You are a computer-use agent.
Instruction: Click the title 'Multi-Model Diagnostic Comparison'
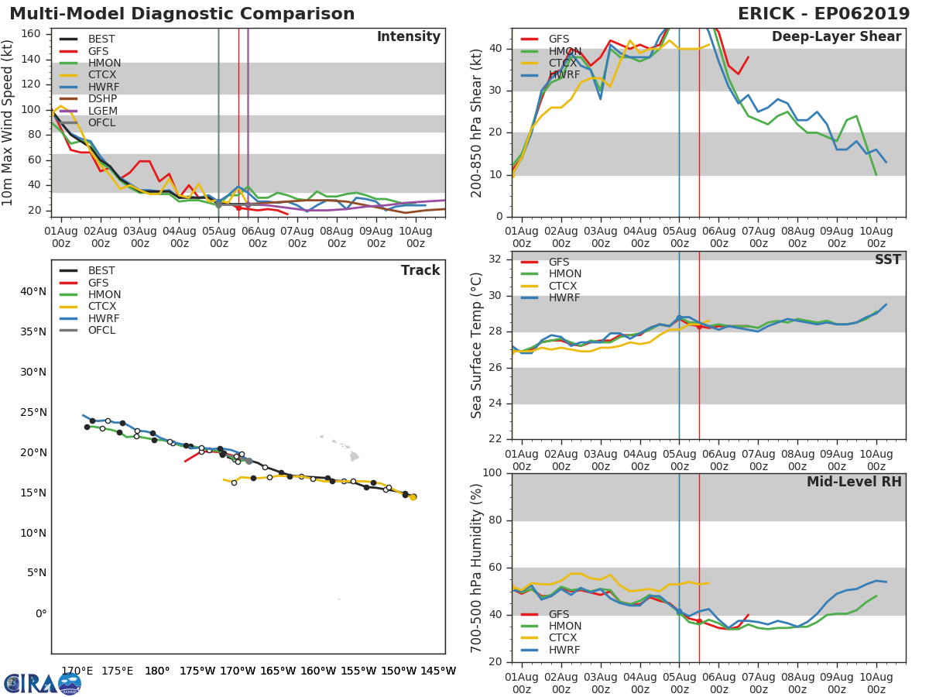point(182,14)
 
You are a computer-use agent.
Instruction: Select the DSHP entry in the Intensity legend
point(101,99)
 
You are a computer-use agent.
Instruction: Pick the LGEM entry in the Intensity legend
point(102,111)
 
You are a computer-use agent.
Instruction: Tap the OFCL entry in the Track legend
point(101,331)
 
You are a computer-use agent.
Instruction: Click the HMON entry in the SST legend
point(564,274)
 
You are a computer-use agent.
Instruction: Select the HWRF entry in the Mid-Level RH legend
point(564,651)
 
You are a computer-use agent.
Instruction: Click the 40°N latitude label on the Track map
point(32,292)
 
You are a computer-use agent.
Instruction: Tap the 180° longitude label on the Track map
point(157,671)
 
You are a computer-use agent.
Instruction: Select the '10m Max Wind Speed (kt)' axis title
point(9,124)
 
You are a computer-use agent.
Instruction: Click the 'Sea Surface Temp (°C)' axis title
point(477,345)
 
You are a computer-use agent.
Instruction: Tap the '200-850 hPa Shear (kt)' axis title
point(477,124)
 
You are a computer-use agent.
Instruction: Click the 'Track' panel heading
point(420,270)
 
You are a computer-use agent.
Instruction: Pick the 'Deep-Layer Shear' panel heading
point(836,37)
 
